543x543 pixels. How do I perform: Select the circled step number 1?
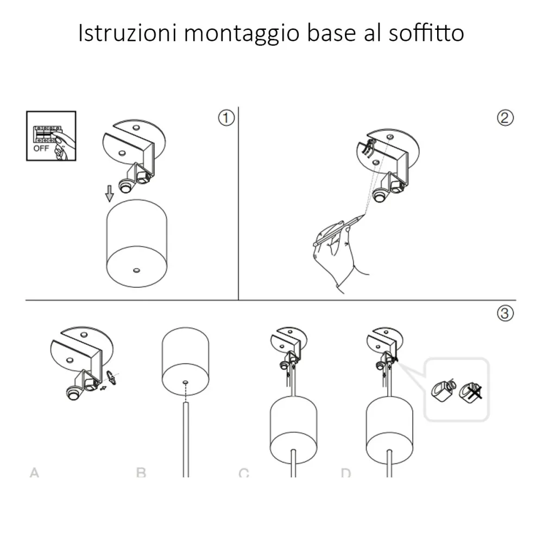(226, 117)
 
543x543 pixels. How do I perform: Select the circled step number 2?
(504, 117)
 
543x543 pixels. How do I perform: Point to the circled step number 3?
(504, 313)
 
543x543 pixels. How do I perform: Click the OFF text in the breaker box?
(41, 148)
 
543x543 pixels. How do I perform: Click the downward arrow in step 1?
(110, 192)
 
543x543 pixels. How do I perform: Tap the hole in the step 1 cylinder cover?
(136, 269)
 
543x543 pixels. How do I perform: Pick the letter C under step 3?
(244, 472)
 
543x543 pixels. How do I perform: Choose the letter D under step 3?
(345, 472)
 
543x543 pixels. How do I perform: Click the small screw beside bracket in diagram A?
(111, 376)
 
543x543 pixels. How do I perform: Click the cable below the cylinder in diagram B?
(186, 440)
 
